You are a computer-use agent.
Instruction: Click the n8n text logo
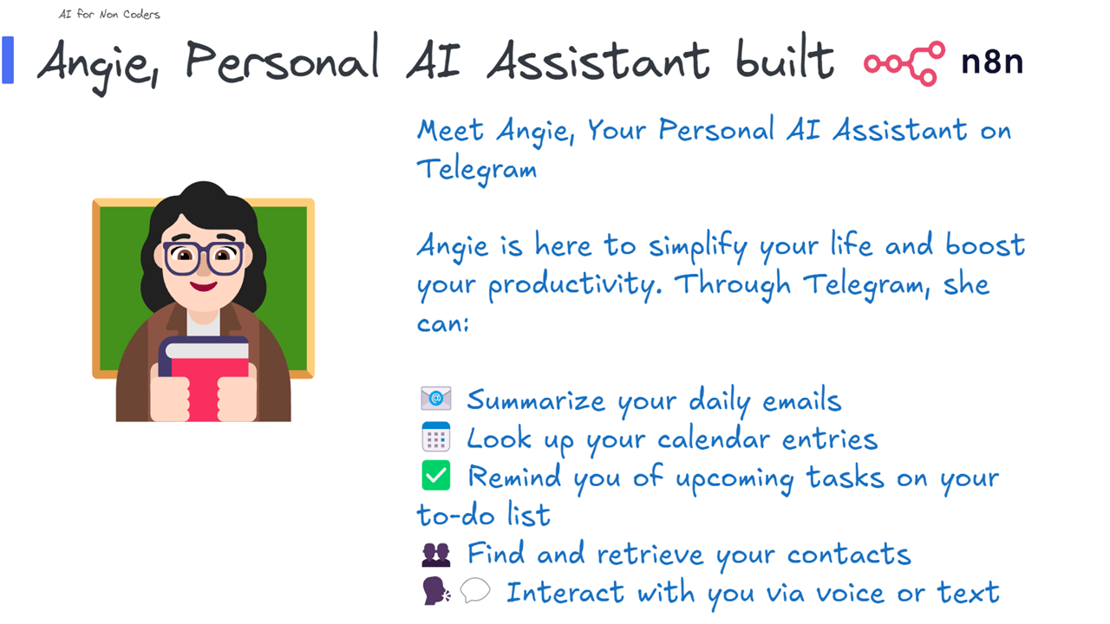click(x=992, y=62)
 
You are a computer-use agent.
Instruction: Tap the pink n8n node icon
click(x=904, y=63)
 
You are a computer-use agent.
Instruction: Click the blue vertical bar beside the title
click(x=8, y=60)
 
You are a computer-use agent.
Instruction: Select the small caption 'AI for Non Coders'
click(x=109, y=15)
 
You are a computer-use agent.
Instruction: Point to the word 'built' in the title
click(x=786, y=56)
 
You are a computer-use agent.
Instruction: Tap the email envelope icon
click(x=435, y=398)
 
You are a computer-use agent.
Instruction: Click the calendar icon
click(x=435, y=437)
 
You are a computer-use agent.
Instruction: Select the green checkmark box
click(x=436, y=476)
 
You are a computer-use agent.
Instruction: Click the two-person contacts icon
click(x=436, y=554)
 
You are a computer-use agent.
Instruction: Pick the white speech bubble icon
click(x=474, y=590)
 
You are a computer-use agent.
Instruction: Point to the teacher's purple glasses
click(x=204, y=258)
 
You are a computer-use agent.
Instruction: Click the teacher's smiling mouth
click(x=204, y=286)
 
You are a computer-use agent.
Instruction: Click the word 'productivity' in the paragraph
click(x=575, y=285)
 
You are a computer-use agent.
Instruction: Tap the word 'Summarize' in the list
click(x=536, y=400)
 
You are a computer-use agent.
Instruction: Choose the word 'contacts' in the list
click(x=849, y=554)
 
